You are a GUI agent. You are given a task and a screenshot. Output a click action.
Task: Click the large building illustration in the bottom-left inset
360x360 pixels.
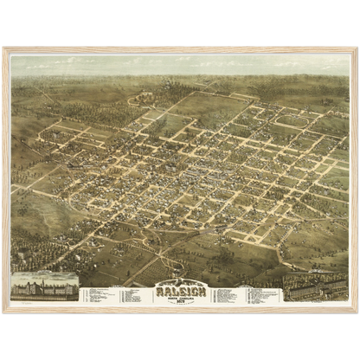click(43, 286)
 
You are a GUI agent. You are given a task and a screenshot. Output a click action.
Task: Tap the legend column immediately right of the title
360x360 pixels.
click(227, 295)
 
